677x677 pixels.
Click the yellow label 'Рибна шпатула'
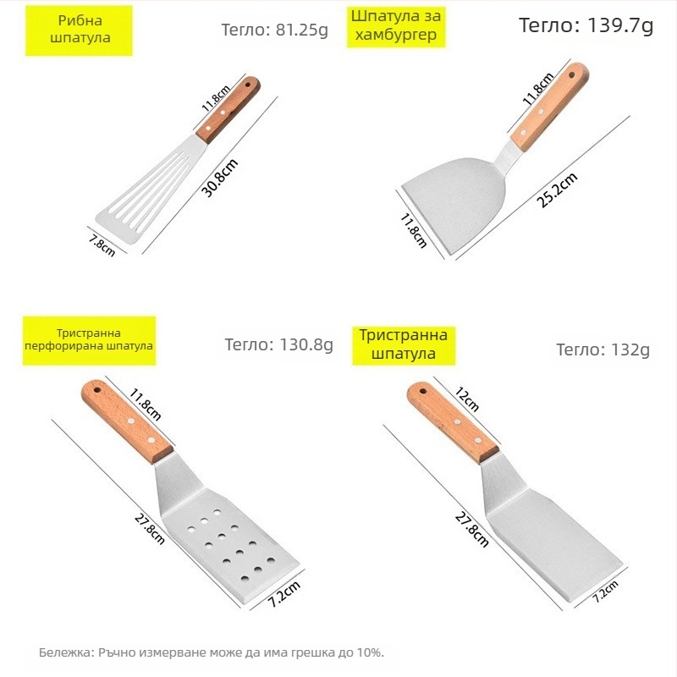(x=79, y=30)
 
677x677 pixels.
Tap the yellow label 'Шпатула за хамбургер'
(x=396, y=26)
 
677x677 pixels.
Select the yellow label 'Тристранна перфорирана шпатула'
(x=89, y=340)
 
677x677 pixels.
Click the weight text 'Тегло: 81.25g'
(x=274, y=30)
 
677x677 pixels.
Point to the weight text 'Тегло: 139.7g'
(x=586, y=25)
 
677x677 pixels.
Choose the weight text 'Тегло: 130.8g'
(x=279, y=344)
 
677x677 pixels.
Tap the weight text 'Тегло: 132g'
(x=603, y=350)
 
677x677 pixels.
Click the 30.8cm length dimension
(x=220, y=178)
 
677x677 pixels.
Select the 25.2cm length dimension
(x=557, y=190)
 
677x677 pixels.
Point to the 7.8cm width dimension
(x=102, y=245)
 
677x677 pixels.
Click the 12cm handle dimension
(x=467, y=399)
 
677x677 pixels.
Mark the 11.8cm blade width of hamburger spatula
(x=413, y=230)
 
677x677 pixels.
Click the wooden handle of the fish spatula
(x=228, y=110)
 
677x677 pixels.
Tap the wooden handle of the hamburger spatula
(x=549, y=107)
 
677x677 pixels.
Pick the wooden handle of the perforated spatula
(x=128, y=421)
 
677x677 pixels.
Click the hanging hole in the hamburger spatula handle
(x=572, y=75)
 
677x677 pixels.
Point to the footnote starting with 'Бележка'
(x=212, y=652)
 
